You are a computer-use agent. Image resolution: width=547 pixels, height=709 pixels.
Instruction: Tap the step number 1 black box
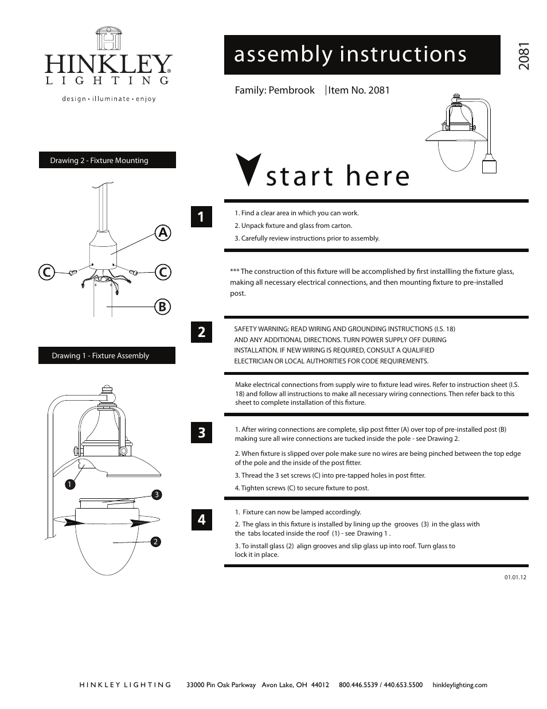pyautogui.click(x=201, y=216)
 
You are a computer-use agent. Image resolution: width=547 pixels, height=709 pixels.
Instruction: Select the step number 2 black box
pyautogui.click(x=201, y=332)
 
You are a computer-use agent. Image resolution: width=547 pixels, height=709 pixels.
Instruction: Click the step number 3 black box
pyautogui.click(x=201, y=432)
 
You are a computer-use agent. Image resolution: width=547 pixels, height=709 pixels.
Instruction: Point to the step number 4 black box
pyautogui.click(x=201, y=520)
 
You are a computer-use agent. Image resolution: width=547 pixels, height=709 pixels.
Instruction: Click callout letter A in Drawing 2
pyautogui.click(x=163, y=233)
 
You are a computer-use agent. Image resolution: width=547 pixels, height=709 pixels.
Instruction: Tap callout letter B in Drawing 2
pyautogui.click(x=162, y=307)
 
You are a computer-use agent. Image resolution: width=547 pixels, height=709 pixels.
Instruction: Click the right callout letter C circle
pyautogui.click(x=163, y=272)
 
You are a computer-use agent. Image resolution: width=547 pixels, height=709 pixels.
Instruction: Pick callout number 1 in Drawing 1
pyautogui.click(x=70, y=484)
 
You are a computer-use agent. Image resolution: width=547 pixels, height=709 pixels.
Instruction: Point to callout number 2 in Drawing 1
pyautogui.click(x=155, y=541)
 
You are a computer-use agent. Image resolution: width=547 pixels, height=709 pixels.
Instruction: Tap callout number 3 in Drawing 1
pyautogui.click(x=157, y=494)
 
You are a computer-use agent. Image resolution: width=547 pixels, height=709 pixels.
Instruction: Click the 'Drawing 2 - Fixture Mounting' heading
pyautogui.click(x=107, y=160)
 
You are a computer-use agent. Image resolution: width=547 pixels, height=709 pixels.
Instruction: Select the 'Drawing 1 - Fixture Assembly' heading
pyautogui.click(x=107, y=355)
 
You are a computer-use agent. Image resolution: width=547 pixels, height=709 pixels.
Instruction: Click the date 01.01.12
pyautogui.click(x=515, y=577)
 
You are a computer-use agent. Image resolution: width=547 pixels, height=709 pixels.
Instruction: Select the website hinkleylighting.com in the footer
pyautogui.click(x=460, y=684)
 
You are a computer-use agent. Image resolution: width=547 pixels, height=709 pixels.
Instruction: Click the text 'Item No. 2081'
pyautogui.click(x=359, y=90)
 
